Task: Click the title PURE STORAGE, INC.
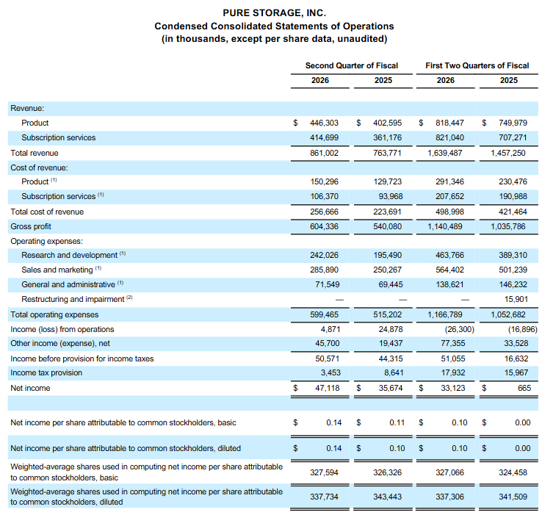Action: click(x=274, y=13)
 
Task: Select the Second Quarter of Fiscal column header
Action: click(x=352, y=65)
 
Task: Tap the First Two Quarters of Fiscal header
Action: click(x=477, y=65)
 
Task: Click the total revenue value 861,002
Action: click(x=324, y=153)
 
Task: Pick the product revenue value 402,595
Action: click(x=387, y=123)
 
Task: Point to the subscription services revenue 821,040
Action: click(x=449, y=137)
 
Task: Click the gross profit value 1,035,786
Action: click(x=508, y=226)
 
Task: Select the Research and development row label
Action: click(x=69, y=255)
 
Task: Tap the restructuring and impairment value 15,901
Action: click(x=516, y=299)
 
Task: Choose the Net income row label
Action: click(x=30, y=388)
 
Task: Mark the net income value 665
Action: click(x=524, y=388)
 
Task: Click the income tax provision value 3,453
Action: click(x=330, y=372)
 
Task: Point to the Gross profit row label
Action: click(x=31, y=226)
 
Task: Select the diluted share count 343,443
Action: click(x=387, y=497)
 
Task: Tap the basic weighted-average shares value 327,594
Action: click(x=324, y=472)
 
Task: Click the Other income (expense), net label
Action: click(x=60, y=343)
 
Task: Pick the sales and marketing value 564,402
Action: click(x=449, y=270)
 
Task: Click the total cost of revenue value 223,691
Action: click(x=387, y=212)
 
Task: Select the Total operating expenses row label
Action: click(x=54, y=314)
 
